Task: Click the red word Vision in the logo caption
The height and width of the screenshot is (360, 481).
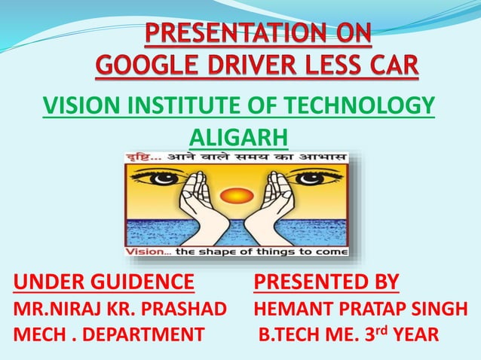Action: tap(144, 251)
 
